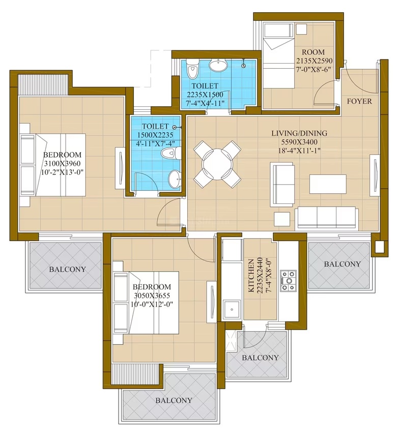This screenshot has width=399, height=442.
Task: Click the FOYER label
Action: [359, 101]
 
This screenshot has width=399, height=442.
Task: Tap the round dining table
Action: [217, 165]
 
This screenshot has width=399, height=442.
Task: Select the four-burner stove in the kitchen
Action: [288, 280]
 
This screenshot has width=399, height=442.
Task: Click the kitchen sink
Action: [232, 310]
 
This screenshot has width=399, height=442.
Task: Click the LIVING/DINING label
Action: [299, 133]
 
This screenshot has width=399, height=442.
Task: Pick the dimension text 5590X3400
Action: [299, 142]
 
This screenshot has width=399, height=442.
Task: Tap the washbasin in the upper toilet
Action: [218, 65]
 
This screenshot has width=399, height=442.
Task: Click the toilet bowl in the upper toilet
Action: [193, 69]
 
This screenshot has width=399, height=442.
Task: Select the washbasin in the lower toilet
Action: [175, 179]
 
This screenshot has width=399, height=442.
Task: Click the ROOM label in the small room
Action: [313, 52]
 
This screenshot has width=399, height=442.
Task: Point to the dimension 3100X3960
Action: [62, 163]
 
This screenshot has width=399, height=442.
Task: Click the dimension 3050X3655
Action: [152, 296]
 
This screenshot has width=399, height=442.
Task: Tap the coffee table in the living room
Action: [328, 184]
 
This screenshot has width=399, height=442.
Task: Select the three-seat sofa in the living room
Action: [327, 217]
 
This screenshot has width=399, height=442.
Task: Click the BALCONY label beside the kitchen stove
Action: [342, 264]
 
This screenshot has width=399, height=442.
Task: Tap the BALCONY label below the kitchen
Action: [260, 358]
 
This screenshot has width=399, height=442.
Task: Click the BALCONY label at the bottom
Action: [174, 400]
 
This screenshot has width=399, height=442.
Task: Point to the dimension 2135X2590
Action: [314, 61]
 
